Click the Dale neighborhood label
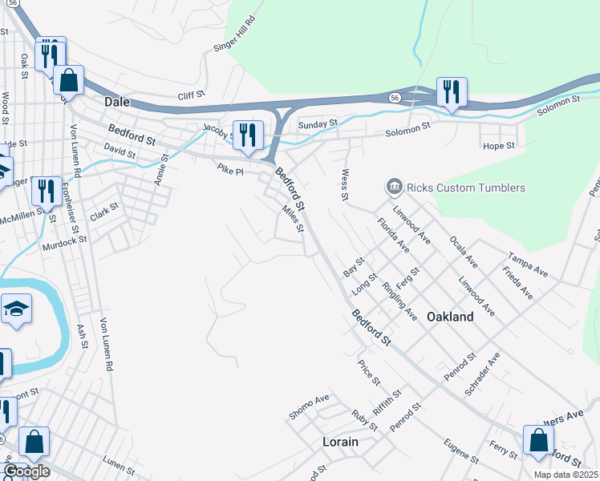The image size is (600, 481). pos(117,102)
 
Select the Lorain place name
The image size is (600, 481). pos(339,442)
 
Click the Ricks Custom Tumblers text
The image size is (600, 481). pos(466,188)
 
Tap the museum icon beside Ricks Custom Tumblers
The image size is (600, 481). pos(394,188)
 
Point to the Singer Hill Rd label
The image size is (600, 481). pos(234,36)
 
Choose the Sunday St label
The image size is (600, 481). pos(318,125)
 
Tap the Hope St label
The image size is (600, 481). pos(497,146)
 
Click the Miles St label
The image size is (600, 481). pos(292,219)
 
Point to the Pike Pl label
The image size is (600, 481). pos(230,169)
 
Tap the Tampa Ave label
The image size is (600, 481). pos(528,266)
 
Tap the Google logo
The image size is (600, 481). pos(26,471)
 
